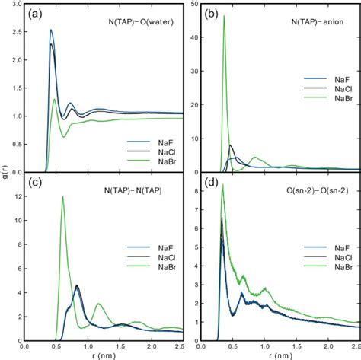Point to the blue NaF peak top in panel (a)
50,30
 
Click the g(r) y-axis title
6,179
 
